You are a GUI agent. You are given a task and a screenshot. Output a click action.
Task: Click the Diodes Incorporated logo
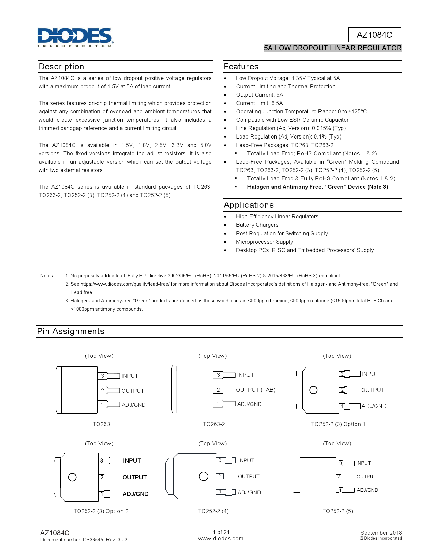(x=75, y=37)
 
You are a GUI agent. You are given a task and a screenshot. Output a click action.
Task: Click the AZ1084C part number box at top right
(x=374, y=35)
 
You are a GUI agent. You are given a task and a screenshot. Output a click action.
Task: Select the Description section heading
(x=62, y=67)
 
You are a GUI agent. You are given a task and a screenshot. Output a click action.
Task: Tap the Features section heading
(x=241, y=67)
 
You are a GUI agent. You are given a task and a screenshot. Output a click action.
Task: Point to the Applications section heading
(x=249, y=205)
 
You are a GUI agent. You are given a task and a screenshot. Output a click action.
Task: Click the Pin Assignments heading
(x=71, y=331)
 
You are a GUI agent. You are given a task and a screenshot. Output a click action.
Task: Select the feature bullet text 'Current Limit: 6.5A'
(x=259, y=103)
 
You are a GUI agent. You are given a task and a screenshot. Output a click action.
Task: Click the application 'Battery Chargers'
(x=257, y=225)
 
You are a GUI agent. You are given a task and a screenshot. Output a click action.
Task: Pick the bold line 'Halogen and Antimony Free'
(x=317, y=187)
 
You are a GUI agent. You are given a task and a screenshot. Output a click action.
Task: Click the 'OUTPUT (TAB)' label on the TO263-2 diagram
(x=256, y=390)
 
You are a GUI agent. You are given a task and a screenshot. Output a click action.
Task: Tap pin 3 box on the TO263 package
(x=103, y=376)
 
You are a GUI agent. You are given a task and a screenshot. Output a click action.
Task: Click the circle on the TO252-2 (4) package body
(x=203, y=476)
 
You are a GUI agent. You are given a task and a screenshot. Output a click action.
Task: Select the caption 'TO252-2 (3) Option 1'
(x=338, y=424)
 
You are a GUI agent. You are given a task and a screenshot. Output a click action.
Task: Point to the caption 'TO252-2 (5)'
(x=337, y=511)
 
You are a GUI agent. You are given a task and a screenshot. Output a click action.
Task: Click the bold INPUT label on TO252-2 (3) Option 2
(x=132, y=461)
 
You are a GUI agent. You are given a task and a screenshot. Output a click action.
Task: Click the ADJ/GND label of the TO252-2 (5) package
(x=367, y=490)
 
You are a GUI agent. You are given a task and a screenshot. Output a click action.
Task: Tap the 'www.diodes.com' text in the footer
(x=221, y=539)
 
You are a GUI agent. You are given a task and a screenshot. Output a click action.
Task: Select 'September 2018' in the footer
(x=381, y=533)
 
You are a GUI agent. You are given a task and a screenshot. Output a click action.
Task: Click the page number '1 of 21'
(x=221, y=532)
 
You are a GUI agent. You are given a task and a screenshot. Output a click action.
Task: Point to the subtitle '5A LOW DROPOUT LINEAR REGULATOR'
(x=332, y=48)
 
